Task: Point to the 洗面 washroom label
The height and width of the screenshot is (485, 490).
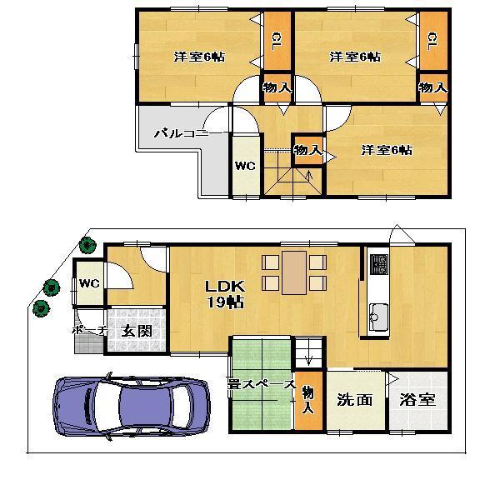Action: pos(355,399)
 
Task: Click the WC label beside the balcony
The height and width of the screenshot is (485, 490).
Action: pos(244,165)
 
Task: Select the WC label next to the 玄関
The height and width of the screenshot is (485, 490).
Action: pos(89,283)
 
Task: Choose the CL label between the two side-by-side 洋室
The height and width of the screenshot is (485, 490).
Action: pos(274,40)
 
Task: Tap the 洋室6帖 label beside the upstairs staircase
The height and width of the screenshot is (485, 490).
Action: pos(386,150)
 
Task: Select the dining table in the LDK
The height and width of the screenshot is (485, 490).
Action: pos(293,272)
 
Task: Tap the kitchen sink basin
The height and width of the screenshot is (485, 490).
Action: pos(377,315)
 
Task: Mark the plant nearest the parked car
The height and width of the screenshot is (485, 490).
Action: pos(39,310)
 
